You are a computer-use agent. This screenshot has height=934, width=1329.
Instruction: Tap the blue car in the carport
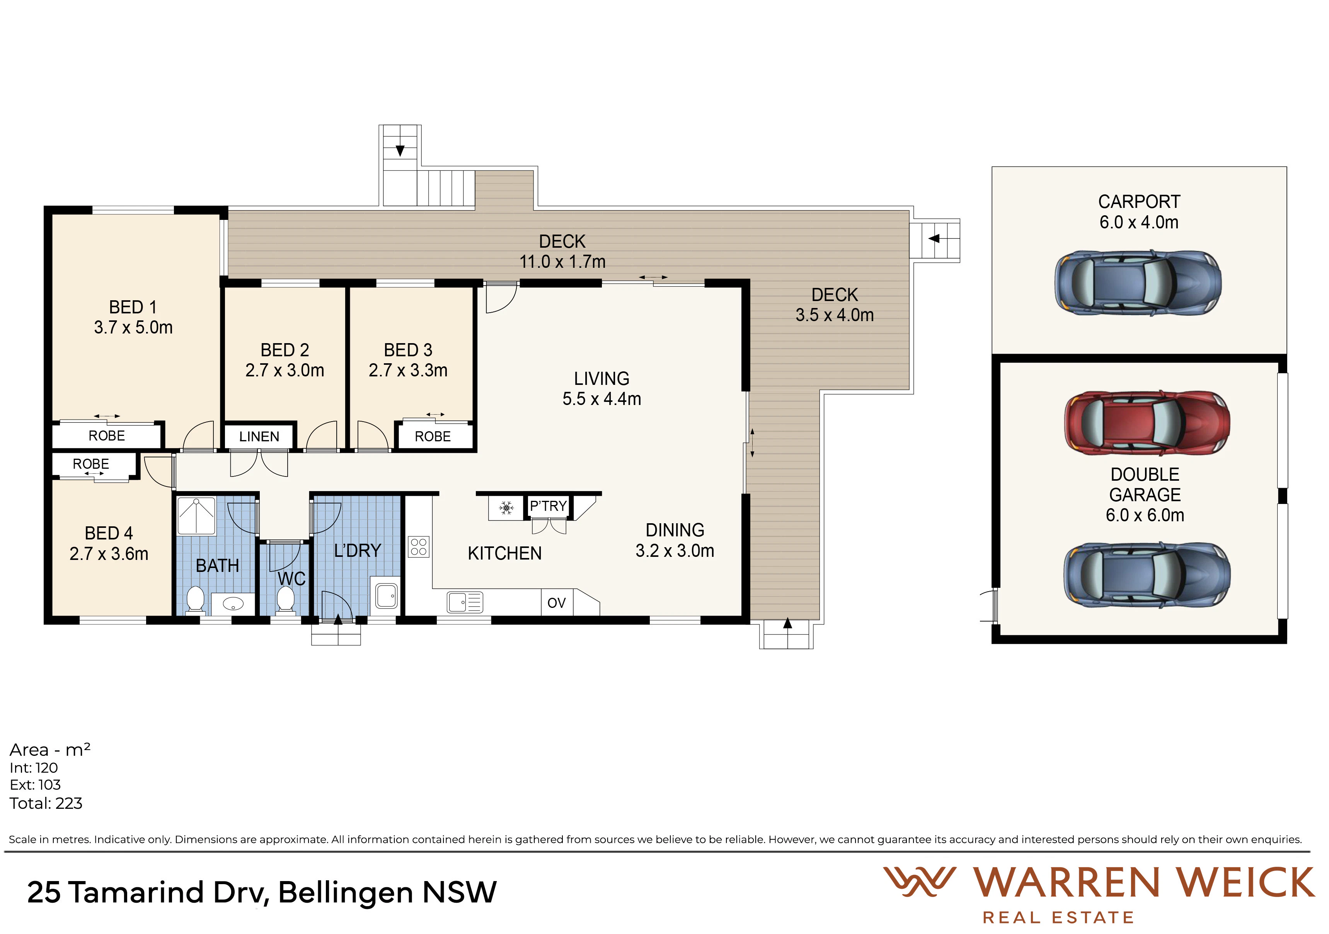1138,283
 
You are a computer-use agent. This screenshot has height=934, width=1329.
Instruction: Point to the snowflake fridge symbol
506,508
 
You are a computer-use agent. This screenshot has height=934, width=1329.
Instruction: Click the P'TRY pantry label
548,506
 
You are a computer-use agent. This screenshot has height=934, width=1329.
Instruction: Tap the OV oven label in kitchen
556,603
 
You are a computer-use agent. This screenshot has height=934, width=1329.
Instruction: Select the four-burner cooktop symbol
419,547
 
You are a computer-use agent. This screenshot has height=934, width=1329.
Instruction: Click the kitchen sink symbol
465,602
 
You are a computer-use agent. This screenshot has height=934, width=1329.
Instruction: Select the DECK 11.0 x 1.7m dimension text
562,252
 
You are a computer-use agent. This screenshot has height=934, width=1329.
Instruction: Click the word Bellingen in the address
346,892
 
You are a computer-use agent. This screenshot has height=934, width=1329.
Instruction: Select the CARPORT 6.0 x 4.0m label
1138,212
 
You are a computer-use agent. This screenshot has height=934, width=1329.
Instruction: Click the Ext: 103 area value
35,785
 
